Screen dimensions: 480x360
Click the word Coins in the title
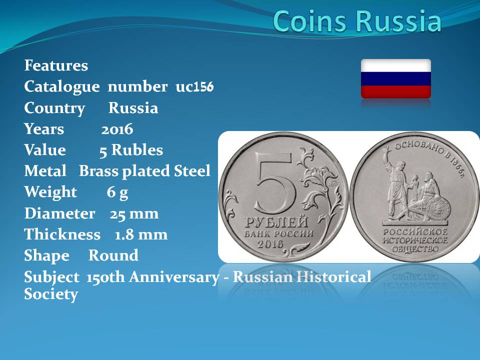pos(310,21)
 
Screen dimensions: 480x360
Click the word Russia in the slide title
pos(398,21)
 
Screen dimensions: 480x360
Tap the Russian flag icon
pos(396,78)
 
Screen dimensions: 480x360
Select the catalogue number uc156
pos(194,86)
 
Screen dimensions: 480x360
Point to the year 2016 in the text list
pos(117,129)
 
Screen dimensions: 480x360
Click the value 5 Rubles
pos(131,150)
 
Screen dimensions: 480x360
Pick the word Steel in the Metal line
pos(192,171)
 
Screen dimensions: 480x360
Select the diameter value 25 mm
pos(134,213)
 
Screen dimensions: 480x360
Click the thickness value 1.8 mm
pos(141,235)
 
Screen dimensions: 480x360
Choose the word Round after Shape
pos(113,255)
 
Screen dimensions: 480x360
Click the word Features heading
pos(56,65)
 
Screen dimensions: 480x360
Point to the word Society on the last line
pos(51,294)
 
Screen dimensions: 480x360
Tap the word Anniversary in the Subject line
pos(174,277)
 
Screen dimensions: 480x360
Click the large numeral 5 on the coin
pos(274,183)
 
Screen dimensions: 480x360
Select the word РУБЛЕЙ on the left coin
pos(276,222)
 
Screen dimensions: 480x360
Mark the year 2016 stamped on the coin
pos(270,244)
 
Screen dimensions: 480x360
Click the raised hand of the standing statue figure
pos(385,149)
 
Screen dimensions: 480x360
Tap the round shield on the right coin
pos(438,209)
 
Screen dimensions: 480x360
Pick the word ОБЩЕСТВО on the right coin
pos(415,249)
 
